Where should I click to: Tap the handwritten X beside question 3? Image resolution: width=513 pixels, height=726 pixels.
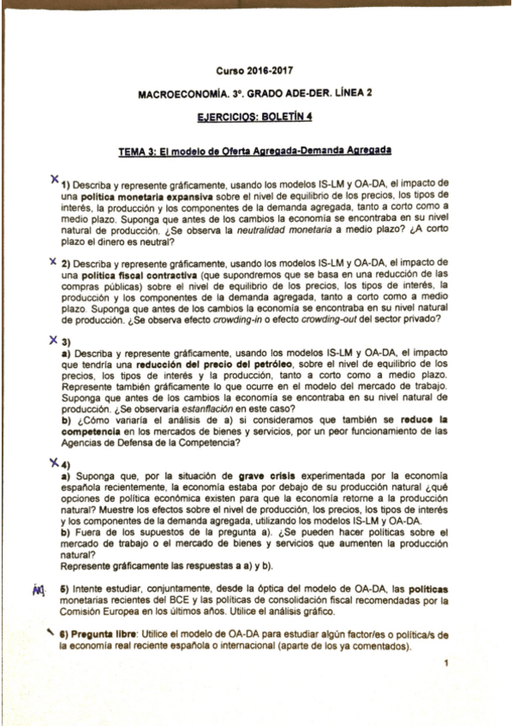(x=54, y=338)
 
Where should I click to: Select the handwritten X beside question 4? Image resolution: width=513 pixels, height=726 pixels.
(x=54, y=462)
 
